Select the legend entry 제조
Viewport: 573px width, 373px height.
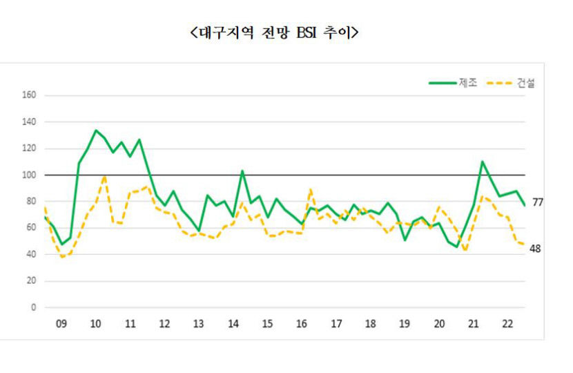(467, 83)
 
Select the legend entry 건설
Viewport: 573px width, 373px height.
(525, 83)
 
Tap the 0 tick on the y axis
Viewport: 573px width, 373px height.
(32, 308)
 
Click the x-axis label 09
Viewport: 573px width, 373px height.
(61, 323)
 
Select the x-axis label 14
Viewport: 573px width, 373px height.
(233, 323)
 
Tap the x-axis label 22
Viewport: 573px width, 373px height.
(507, 323)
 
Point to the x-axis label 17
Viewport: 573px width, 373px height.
(336, 323)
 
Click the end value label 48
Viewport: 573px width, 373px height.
(535, 249)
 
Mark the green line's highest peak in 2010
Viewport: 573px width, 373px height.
(96, 130)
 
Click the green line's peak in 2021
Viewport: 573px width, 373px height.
(483, 162)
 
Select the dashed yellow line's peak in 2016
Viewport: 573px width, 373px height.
(311, 189)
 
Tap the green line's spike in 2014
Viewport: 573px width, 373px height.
(242, 171)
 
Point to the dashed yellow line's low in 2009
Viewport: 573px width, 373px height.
(62, 257)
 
